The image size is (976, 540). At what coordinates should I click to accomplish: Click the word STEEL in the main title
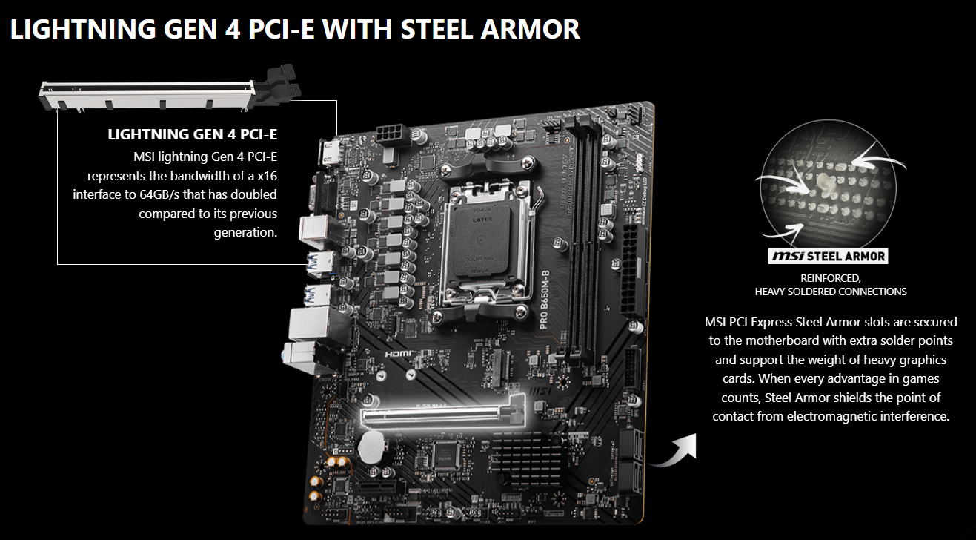pyautogui.click(x=436, y=29)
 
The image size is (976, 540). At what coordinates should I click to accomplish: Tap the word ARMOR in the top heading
pyautogui.click(x=531, y=29)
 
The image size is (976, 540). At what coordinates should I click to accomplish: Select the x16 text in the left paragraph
pyautogui.click(x=267, y=176)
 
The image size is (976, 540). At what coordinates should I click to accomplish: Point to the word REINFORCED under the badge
pyautogui.click(x=831, y=278)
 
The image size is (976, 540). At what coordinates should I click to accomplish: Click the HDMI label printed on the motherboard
pyautogui.click(x=398, y=354)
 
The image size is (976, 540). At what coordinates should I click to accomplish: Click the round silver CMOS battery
pyautogui.click(x=371, y=447)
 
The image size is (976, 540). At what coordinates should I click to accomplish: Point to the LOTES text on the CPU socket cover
pyautogui.click(x=482, y=220)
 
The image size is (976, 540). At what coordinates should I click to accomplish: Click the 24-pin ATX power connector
pyautogui.click(x=632, y=271)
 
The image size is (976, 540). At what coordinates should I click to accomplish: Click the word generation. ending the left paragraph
pyautogui.click(x=245, y=233)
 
